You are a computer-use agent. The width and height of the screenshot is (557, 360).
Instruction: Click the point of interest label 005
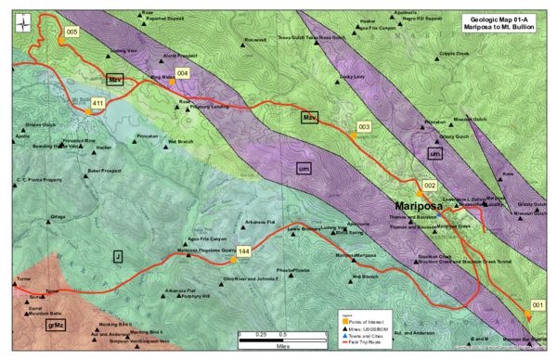pyautogui.click(x=71, y=32)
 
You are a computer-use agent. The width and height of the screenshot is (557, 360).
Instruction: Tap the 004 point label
pyautogui.click(x=182, y=72)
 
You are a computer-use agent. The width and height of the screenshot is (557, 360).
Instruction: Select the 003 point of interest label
pyautogui.click(x=364, y=126)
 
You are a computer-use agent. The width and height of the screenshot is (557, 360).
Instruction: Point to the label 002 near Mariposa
pyautogui.click(x=430, y=186)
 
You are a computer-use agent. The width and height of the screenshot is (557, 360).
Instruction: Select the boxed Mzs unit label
pyautogui.click(x=311, y=118)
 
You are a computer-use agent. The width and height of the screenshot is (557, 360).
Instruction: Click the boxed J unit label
pyautogui.click(x=118, y=254)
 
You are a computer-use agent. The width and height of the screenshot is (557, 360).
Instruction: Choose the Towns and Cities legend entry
pyautogui.click(x=368, y=335)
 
